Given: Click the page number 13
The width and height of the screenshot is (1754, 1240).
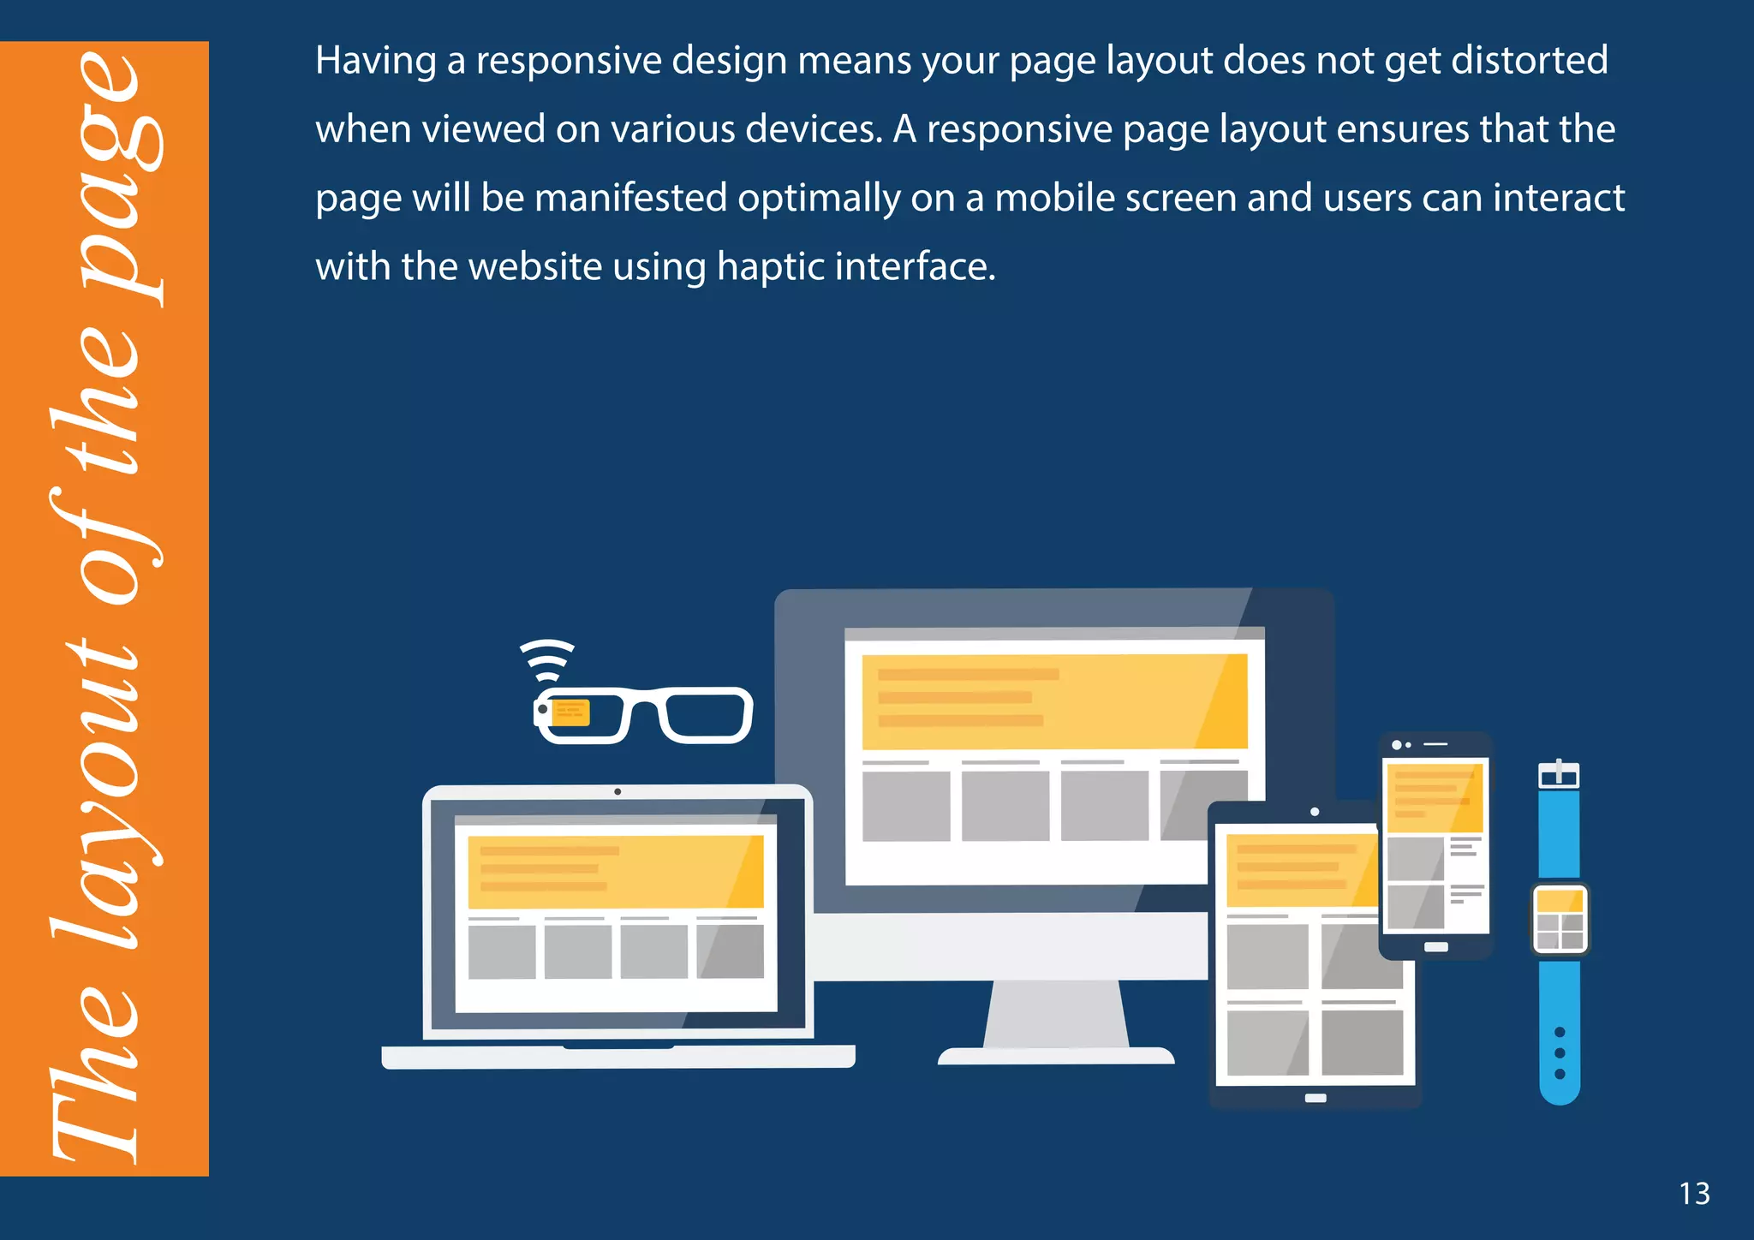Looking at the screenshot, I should [1694, 1194].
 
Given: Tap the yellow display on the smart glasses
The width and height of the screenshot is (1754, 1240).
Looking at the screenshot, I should [570, 712].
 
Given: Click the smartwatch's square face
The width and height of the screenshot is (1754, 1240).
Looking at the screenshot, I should [1560, 919].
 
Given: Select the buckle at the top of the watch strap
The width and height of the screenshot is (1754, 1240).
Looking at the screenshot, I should [1559, 775].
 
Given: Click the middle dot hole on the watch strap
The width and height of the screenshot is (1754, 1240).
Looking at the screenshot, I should [1560, 1052].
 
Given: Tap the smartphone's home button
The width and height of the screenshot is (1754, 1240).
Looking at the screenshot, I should [1436, 947].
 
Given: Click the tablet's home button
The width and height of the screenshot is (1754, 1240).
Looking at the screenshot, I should [1315, 1098].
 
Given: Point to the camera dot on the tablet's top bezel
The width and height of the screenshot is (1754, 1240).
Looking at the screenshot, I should [1315, 812].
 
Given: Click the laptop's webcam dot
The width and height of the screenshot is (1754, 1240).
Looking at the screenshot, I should [617, 791].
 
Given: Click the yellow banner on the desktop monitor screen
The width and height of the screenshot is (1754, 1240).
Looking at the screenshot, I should [1054, 700].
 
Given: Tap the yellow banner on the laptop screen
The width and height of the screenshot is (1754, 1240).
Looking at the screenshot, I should [615, 871].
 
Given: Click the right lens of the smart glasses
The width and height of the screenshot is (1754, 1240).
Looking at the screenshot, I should [707, 715].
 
